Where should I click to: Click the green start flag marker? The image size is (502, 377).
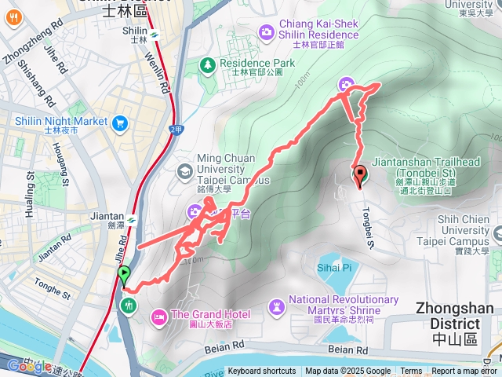coord(124,275)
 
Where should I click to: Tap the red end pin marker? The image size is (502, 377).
coord(361,174)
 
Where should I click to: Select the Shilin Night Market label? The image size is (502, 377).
coord(60,122)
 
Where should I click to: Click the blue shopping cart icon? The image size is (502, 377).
coord(120,123)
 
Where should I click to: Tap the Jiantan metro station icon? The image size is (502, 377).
coord(132,219)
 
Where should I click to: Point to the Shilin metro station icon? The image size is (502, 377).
coord(155,34)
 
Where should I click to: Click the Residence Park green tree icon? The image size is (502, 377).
coord(209,64)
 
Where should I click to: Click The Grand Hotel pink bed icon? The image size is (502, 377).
coord(158,314)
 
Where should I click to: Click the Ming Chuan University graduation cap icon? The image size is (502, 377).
coord(184,170)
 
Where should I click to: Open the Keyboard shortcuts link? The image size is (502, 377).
coord(262,372)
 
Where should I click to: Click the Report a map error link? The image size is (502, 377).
coord(464,372)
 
